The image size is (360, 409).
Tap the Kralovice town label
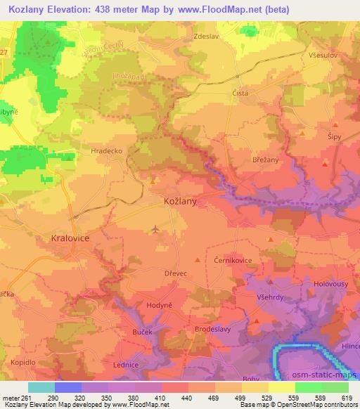pos(70,238)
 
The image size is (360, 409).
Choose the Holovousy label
pos(331,285)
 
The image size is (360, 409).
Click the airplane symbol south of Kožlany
pos(155,229)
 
